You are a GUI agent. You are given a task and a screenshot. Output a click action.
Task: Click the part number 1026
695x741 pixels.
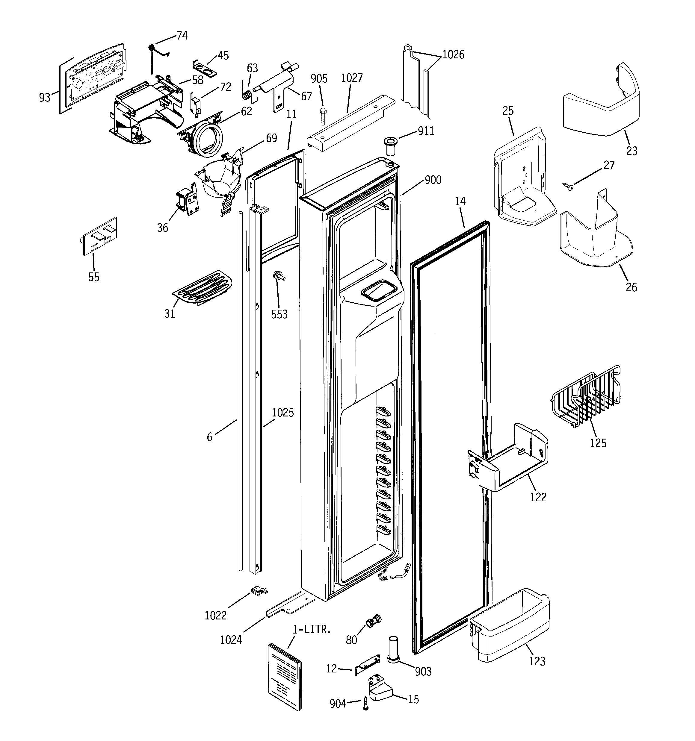pos(453,55)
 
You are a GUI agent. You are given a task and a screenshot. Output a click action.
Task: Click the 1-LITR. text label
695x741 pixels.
pos(312,630)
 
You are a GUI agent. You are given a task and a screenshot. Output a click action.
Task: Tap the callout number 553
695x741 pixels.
pos(279,314)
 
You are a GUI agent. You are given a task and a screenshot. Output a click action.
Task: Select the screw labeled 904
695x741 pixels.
pos(365,704)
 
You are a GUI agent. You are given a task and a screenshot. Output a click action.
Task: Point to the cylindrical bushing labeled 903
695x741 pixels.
pos(393,650)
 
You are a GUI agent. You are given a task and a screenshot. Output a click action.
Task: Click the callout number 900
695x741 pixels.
pos(433,180)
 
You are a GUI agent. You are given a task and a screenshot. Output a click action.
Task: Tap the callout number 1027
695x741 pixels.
pos(351,78)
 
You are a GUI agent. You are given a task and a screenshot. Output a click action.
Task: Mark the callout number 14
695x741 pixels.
pos(460,201)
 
